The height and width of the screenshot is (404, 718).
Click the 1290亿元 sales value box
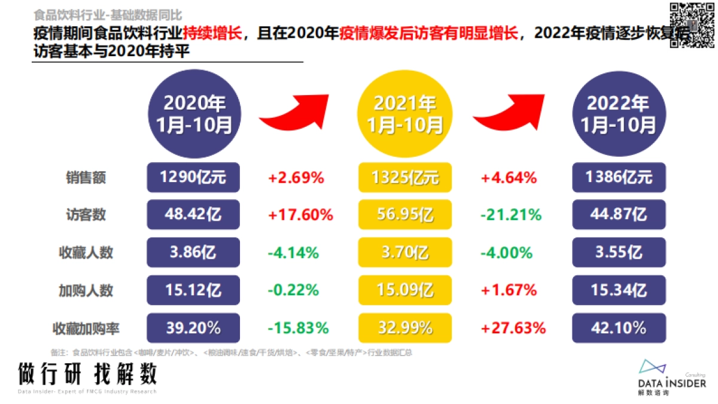193,177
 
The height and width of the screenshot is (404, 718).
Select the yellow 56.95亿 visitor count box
405,214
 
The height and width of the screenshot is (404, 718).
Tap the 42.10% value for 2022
619,328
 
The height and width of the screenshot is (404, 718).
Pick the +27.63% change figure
513,328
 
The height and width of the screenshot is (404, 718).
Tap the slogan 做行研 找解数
87,374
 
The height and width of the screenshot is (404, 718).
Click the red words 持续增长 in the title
217,34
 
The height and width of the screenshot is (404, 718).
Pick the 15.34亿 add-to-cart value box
619,290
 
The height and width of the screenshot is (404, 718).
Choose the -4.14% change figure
293,253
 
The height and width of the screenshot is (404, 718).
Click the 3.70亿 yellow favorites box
405,253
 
